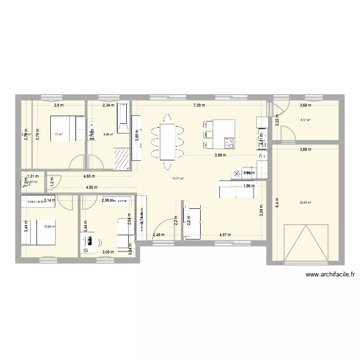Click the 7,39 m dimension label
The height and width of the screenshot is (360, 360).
click(x=199, y=105)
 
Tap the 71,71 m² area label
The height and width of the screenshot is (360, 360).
click(x=178, y=179)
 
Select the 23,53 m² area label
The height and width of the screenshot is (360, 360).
click(x=305, y=202)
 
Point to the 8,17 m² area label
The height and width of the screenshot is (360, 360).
click(x=305, y=121)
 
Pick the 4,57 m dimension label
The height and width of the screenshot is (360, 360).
click(x=225, y=235)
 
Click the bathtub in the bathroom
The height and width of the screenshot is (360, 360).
click(x=123, y=118)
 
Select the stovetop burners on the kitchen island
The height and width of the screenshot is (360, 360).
click(x=229, y=143)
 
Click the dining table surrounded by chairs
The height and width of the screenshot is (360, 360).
click(x=167, y=142)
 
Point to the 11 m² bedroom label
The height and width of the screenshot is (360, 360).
click(x=59, y=134)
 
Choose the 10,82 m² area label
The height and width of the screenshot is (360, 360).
click(x=49, y=227)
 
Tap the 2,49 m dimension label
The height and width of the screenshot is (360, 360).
click(x=158, y=235)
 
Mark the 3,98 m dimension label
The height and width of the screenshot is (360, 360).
click(x=221, y=155)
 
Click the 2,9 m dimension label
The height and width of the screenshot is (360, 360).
click(x=59, y=105)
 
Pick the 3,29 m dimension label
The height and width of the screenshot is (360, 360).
click(x=262, y=211)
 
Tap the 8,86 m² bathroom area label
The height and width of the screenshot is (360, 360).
click(x=108, y=134)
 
